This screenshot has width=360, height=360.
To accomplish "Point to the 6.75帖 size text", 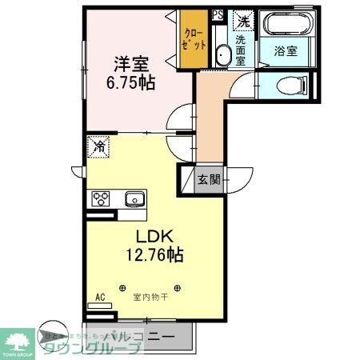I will click(x=126, y=82).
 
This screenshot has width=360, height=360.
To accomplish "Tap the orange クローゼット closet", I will click(x=193, y=38).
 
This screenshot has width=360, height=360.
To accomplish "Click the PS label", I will click(x=218, y=14).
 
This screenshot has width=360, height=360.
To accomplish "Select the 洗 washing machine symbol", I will click(x=242, y=21).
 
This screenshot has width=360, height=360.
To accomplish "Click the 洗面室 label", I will click(x=242, y=49).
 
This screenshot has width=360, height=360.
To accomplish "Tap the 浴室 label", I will click(x=286, y=50).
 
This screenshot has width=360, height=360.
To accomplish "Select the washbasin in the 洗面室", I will click(x=223, y=54).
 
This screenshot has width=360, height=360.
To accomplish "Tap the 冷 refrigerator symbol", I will click(x=100, y=147).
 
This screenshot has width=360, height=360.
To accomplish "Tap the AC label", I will click(x=101, y=298).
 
